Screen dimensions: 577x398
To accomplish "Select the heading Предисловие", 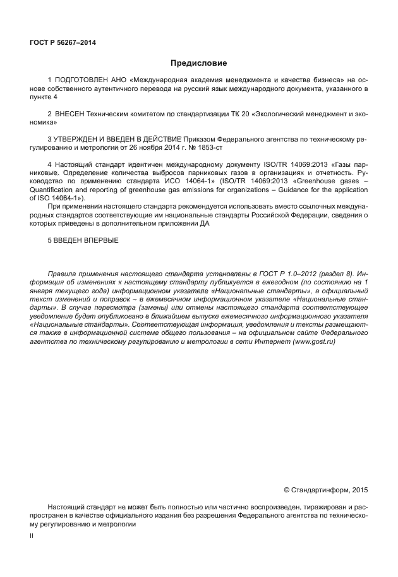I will click(198, 63).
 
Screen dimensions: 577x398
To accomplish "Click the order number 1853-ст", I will click(214, 147).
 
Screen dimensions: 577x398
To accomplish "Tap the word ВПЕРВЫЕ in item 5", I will click(97, 241).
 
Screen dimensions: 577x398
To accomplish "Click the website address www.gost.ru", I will click(313, 341).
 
